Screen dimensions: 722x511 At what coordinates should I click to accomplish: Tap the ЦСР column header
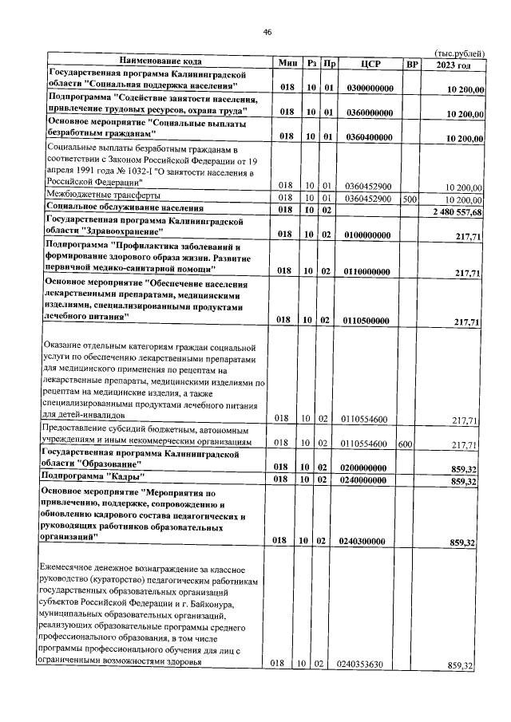[x=369, y=63]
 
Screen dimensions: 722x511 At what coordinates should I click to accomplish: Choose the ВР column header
[x=413, y=63]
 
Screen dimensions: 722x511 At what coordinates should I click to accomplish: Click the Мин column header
[x=287, y=63]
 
